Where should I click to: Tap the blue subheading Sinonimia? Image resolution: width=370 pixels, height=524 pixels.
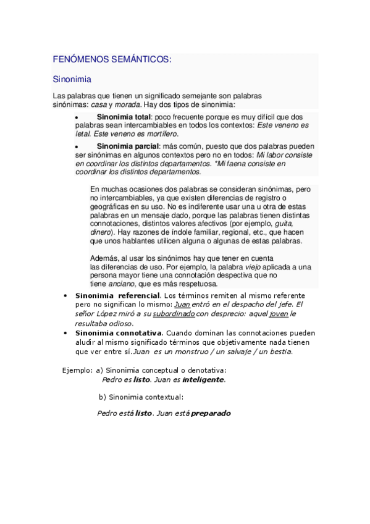[72, 79]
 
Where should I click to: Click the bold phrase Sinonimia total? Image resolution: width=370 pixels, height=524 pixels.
[124, 117]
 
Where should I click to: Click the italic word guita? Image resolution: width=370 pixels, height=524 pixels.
[284, 223]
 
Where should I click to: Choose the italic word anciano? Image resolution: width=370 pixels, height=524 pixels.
[120, 284]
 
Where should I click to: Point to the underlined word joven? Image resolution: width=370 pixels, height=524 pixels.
[279, 313]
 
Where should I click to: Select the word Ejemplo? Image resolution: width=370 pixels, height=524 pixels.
[77, 370]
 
